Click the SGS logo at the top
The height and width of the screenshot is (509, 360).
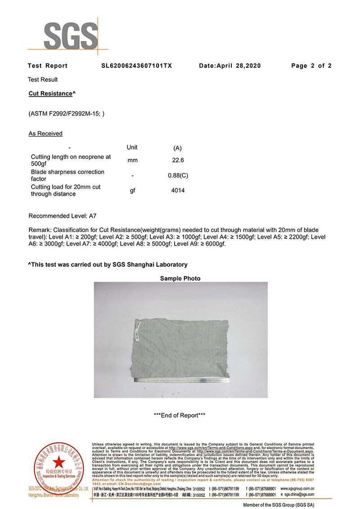(x=71, y=36)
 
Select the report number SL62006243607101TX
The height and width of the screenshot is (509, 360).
(x=136, y=66)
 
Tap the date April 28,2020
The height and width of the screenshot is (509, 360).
(x=230, y=66)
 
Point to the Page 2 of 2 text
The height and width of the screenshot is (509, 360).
(x=311, y=66)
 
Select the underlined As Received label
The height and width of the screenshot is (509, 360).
(x=45, y=134)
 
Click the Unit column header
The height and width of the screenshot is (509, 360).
(x=132, y=147)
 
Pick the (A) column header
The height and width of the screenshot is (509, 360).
(x=177, y=148)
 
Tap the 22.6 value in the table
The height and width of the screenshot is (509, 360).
(x=178, y=160)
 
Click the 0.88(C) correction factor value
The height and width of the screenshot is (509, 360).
(x=178, y=175)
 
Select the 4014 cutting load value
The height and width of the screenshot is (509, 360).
(x=178, y=190)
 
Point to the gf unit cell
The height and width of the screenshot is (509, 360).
(x=132, y=190)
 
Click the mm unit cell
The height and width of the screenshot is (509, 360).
(x=132, y=160)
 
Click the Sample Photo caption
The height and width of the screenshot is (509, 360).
(x=180, y=279)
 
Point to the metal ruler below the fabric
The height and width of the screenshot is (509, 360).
(x=180, y=381)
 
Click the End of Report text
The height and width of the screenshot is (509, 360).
(x=180, y=415)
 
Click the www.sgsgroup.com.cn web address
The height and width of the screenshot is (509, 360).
(x=297, y=488)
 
